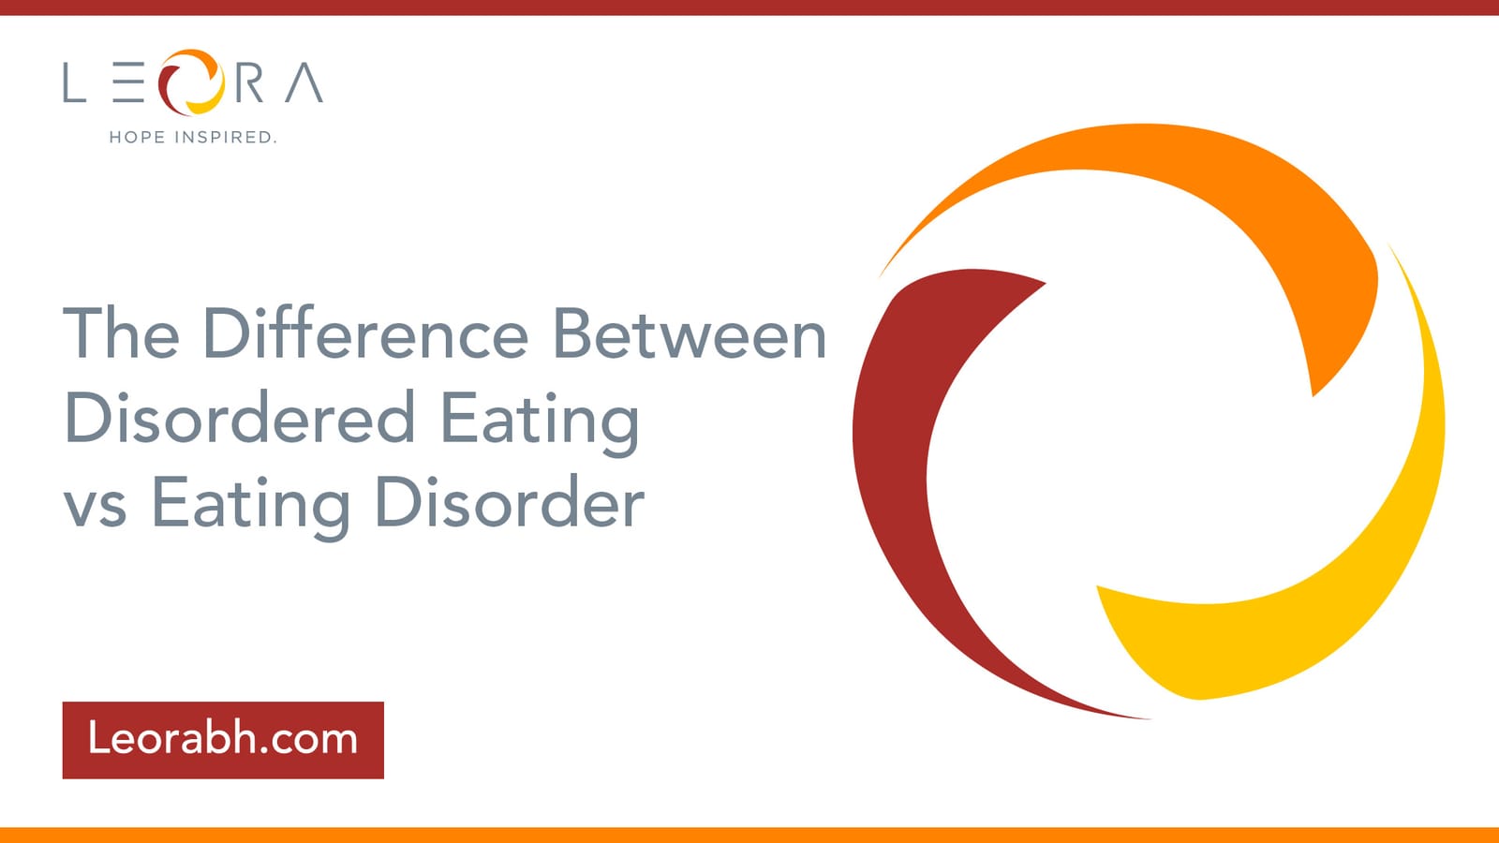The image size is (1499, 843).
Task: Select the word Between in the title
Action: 690,333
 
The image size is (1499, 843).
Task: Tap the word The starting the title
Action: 121,333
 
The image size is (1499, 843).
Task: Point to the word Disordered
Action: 240,418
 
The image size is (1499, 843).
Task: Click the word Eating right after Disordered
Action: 540,422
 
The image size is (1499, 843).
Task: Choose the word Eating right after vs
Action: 251,507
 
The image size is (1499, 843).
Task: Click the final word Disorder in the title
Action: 510,502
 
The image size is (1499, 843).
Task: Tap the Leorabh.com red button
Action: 223,740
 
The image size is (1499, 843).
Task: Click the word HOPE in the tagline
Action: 137,137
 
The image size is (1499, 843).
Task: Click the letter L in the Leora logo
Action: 74,82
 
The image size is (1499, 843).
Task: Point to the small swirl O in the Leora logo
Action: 191,81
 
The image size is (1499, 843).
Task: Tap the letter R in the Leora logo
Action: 248,82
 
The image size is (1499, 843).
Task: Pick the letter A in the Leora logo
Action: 304,82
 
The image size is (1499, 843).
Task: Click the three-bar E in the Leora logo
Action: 128,82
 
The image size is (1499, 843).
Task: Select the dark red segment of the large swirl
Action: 897,481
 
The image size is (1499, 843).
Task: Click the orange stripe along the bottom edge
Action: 749,835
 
